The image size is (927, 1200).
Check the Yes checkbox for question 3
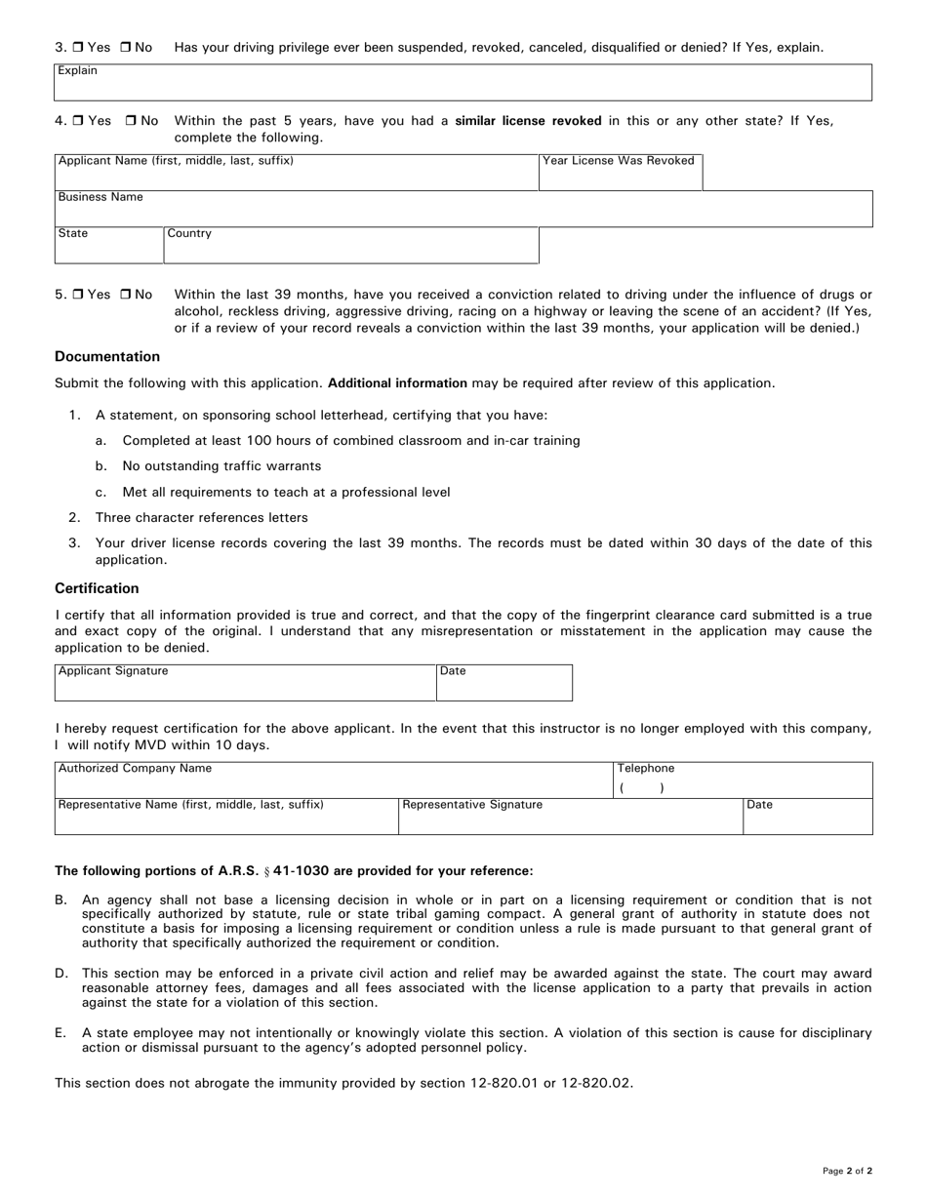79,48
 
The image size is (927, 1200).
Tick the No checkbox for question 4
131,121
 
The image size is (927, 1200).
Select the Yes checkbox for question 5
79,295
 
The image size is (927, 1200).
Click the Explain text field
463,85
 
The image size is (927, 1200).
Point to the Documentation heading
107,357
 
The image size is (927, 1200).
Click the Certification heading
97,588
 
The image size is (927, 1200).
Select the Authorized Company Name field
333,781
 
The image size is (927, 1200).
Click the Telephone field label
645,769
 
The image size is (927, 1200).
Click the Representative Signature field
570,819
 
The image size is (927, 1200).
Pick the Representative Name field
226,819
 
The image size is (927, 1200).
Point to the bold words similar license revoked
528,121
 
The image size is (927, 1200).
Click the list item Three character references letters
201,518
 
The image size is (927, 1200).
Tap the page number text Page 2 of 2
847,1171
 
